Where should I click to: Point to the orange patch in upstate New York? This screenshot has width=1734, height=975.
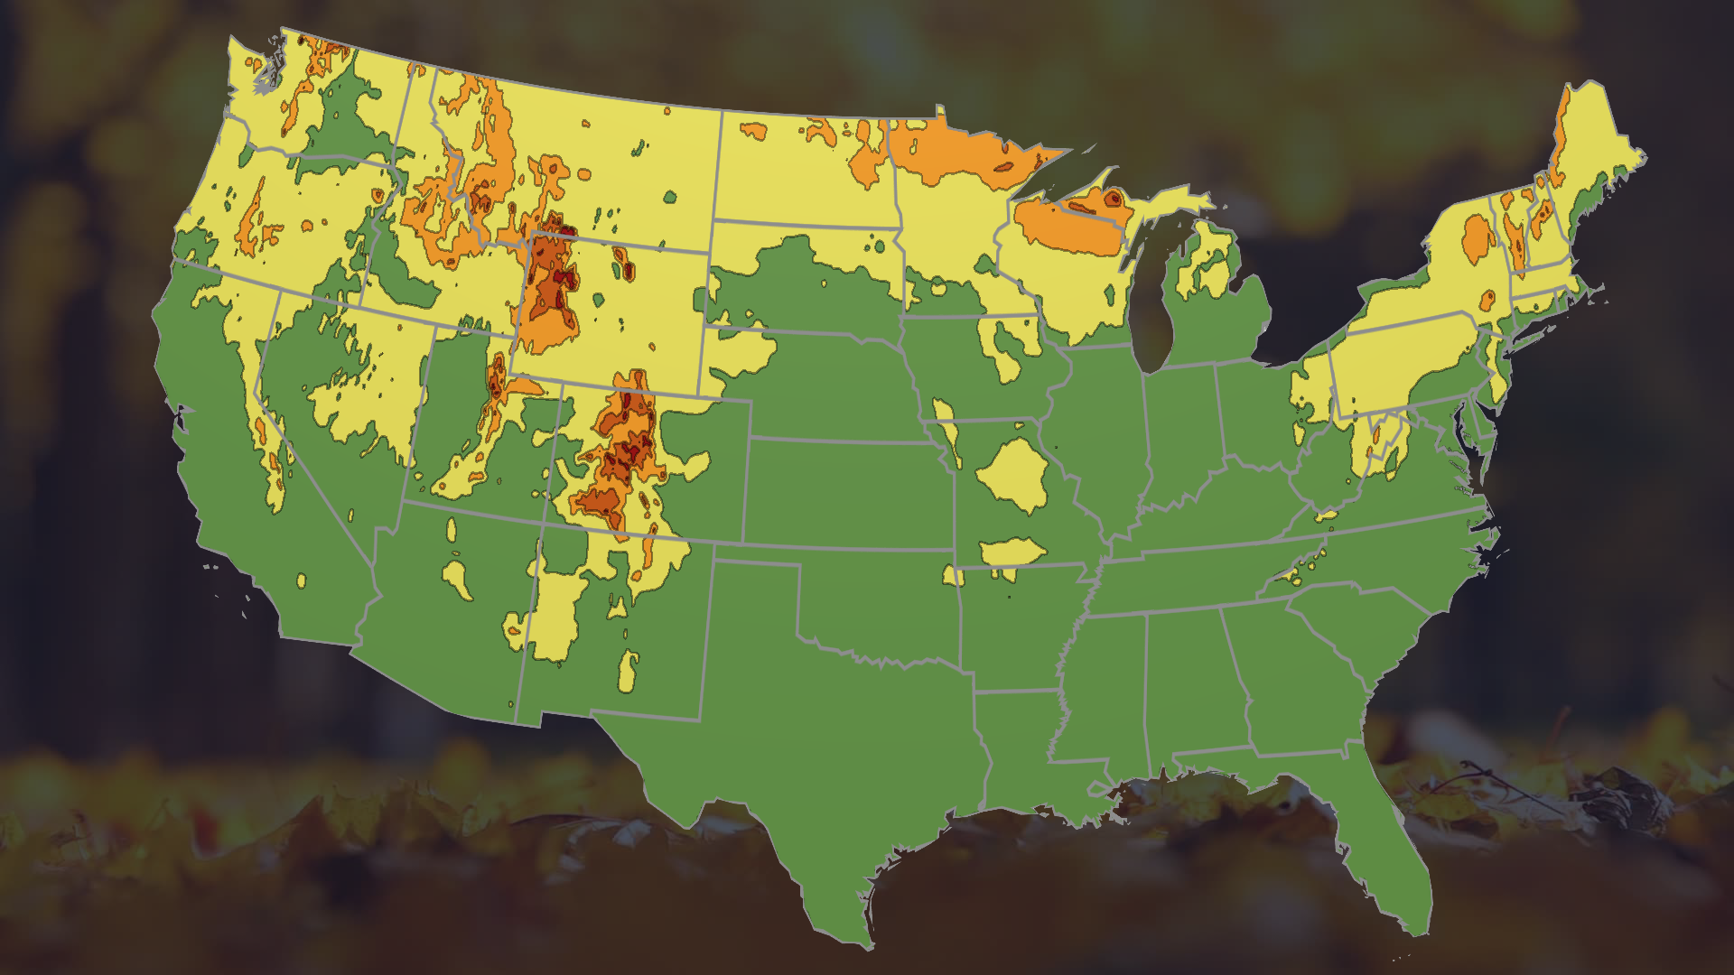click(x=1478, y=239)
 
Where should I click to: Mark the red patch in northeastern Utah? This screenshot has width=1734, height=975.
click(x=497, y=379)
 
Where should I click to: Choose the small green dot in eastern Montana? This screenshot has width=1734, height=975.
click(x=669, y=196)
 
